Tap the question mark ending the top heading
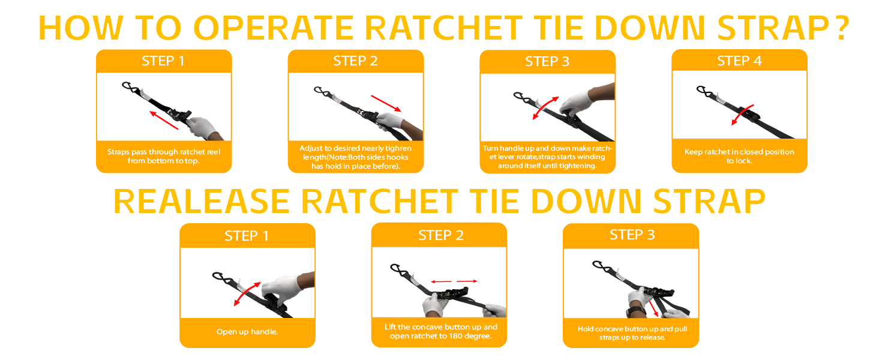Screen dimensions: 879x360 841,28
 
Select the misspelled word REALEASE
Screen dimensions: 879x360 202,202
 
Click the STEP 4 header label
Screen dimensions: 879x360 739,61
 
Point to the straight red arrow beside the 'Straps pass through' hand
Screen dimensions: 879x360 164,120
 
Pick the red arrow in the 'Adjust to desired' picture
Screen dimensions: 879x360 386,103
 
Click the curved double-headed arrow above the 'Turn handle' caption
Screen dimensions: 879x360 545,107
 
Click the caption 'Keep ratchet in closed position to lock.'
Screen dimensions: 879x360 739,156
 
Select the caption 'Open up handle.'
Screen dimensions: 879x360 247,332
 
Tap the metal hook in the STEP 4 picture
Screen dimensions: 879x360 704,91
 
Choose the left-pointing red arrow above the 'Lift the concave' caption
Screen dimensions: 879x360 441,281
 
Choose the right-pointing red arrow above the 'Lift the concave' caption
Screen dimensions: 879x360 467,281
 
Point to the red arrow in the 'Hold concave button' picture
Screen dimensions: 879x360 653,308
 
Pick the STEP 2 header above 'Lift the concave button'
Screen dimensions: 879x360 440,235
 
